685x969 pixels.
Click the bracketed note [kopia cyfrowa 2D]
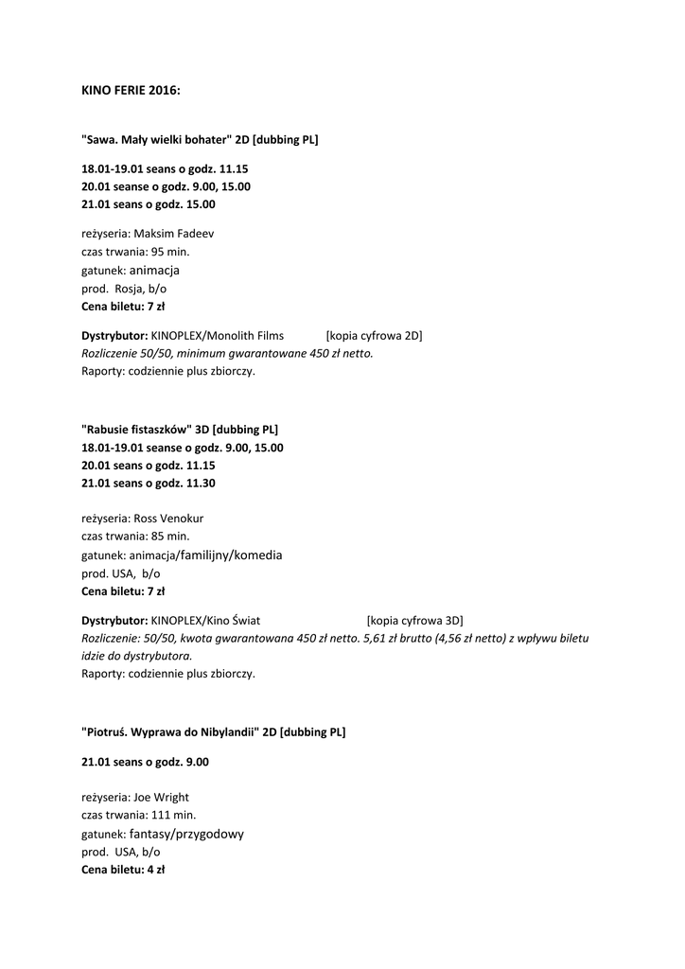(374, 336)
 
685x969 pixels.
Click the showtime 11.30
(201, 484)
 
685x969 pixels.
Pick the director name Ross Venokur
(168, 519)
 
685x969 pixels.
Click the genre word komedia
(257, 555)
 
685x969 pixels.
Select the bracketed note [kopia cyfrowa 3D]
(414, 621)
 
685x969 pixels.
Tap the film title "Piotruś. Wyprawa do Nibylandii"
(170, 732)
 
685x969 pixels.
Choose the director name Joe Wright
(161, 798)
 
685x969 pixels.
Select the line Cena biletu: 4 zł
(123, 870)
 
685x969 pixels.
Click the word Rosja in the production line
(129, 289)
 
